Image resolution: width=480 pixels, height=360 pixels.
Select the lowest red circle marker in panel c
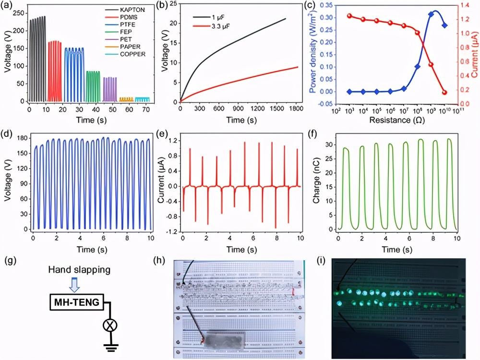pyautogui.click(x=444, y=92)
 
